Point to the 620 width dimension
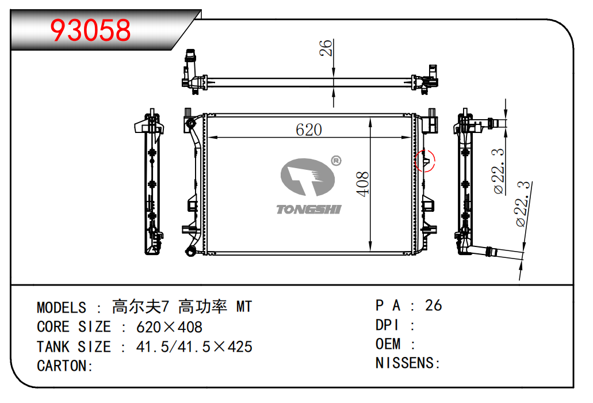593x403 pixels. coord(308,130)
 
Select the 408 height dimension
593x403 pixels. coord(364,184)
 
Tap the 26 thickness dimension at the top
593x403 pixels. coord(326,49)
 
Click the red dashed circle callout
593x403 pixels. coord(426,160)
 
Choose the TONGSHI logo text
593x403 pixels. coord(308,209)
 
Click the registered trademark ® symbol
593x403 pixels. coord(335,161)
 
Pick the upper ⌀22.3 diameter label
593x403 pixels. coord(499,171)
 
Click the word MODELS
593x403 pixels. coord(62,307)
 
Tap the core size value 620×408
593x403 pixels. coord(169,328)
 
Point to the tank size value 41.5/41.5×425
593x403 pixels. coord(194,347)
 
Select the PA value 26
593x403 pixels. coord(433,306)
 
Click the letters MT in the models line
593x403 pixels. coord(244,307)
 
